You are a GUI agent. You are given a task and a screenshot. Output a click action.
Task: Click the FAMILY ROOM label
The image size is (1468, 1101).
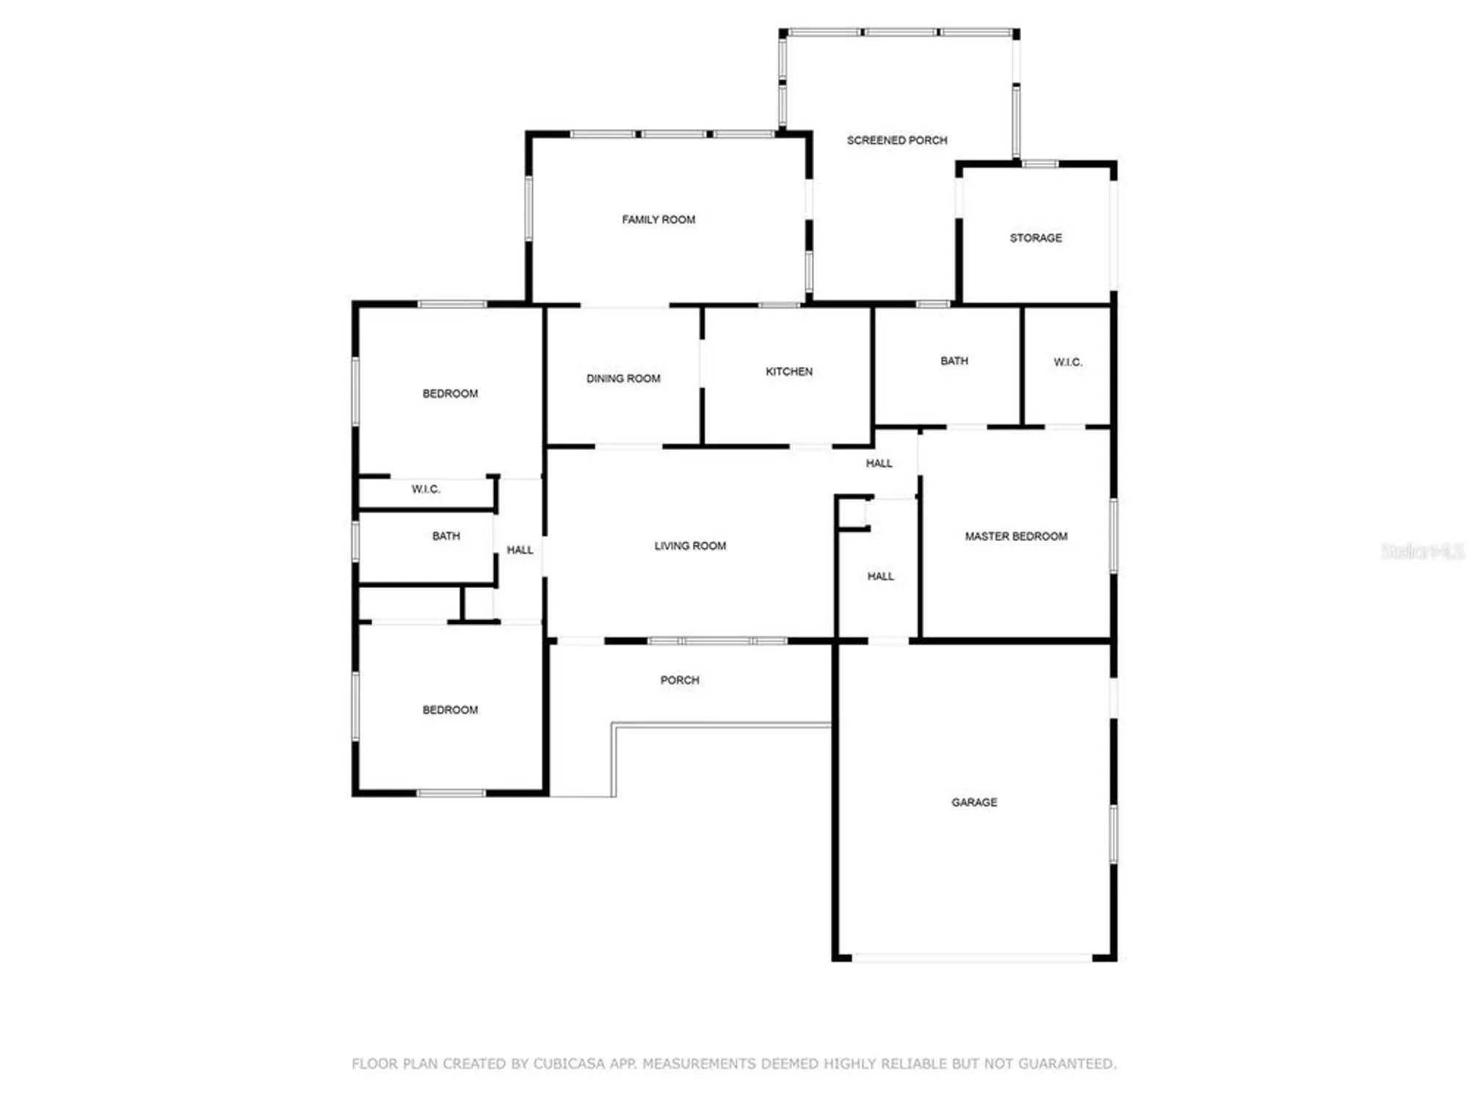658,219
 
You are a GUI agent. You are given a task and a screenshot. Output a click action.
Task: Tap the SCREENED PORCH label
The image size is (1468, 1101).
897,140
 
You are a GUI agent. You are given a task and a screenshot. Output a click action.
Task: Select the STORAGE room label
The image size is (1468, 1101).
1036,238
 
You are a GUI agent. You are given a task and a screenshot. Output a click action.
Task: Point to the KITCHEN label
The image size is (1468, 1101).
789,371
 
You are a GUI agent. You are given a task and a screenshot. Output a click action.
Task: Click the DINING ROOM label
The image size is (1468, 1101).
623,379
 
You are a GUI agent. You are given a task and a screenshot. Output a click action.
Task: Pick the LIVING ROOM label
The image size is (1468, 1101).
690,546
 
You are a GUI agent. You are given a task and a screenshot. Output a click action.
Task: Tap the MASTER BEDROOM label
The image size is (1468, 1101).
1016,537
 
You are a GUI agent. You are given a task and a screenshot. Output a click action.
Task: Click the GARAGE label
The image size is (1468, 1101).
974,802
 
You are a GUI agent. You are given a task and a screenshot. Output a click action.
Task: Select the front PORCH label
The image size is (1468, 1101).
680,680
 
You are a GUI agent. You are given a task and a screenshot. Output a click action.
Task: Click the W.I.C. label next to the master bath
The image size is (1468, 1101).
1067,363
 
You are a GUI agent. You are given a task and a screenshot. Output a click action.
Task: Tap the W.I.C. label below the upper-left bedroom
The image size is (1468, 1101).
426,490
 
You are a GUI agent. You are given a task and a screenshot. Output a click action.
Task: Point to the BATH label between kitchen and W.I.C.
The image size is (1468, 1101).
954,361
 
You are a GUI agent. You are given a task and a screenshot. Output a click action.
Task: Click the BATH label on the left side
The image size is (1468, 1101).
446,537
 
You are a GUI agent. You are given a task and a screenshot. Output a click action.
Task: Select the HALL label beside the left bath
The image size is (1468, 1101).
520,550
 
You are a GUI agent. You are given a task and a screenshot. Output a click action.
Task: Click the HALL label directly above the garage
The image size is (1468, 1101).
880,577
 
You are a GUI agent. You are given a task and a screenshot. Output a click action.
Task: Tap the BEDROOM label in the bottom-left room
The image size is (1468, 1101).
450,710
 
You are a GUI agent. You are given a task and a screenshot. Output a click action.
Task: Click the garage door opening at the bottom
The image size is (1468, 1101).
973,958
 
